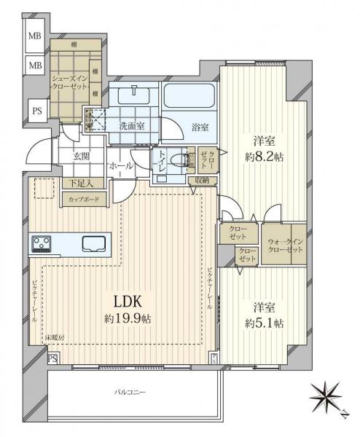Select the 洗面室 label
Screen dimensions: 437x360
[132, 125]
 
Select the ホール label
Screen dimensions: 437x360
[120, 166]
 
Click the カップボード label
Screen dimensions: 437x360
[85, 198]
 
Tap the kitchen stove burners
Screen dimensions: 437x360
[43, 243]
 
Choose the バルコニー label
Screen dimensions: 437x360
[129, 393]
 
